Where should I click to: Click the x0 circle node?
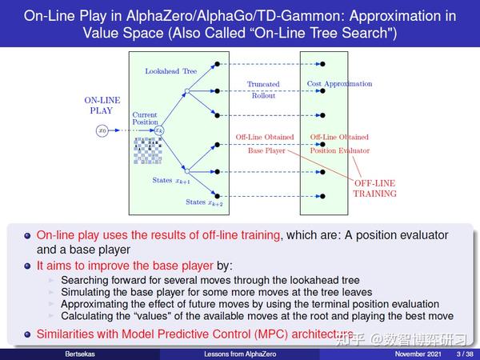click(x=102, y=130)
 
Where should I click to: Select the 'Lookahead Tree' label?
click(x=170, y=71)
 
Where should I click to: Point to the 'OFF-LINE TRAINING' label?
click(x=375, y=188)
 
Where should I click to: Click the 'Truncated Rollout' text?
click(x=262, y=90)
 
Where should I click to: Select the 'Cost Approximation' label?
click(x=339, y=84)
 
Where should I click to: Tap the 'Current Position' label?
click(x=145, y=118)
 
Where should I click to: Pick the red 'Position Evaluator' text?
click(x=339, y=150)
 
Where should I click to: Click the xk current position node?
click(x=159, y=130)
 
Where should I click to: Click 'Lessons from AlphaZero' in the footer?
click(x=238, y=354)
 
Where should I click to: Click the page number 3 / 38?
click(x=463, y=354)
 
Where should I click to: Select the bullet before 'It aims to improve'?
click(x=27, y=266)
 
